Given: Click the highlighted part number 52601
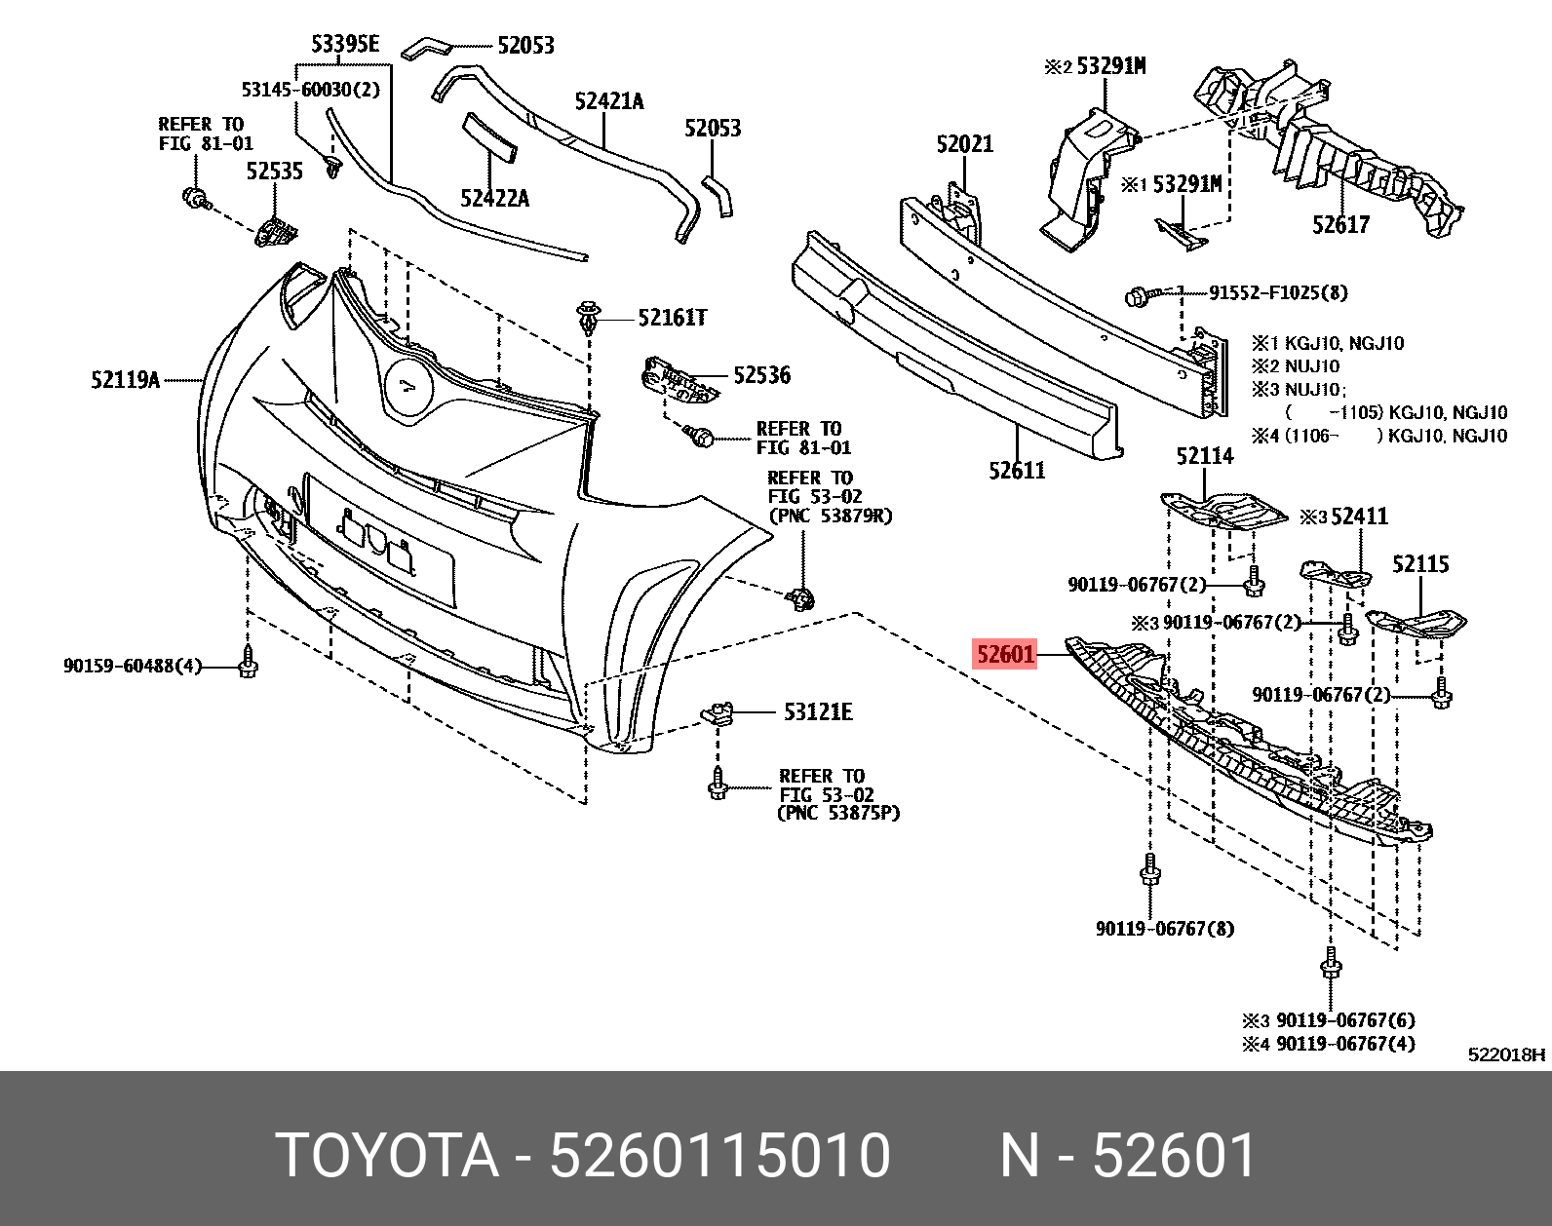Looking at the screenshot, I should pos(1005,654).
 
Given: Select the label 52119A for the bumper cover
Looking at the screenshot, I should pos(125,380).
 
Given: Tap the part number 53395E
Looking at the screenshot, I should pos(344,44).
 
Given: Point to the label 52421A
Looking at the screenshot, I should pos(608,101).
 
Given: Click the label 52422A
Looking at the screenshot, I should pos(494,199).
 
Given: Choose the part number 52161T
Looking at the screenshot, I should pos(672,318).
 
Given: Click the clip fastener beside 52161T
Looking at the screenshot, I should pos(587,318).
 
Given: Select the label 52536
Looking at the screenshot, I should pos(761,375).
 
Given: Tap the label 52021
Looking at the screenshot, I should pos(964,144).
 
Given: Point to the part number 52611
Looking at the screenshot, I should pos(1016,471).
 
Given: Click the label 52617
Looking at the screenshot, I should pos(1340,225).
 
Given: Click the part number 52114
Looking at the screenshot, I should pos(1204,456).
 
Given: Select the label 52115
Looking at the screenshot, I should pos(1419,564).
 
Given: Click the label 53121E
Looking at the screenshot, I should pos(817,712).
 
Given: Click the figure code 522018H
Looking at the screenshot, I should pos(1506,1054).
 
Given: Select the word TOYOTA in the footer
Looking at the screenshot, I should pos(387,1156).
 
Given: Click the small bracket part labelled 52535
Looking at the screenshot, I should pos(277,233).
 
